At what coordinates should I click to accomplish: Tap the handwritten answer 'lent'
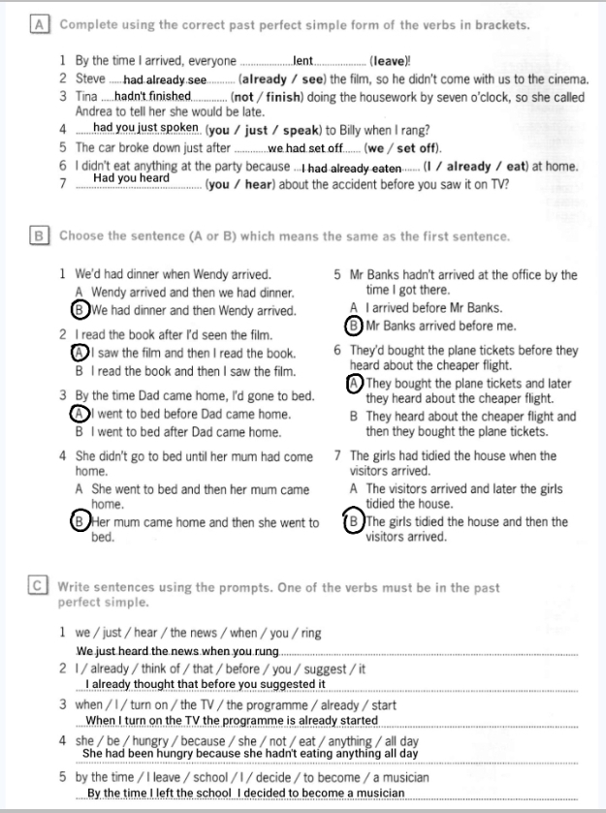(303, 61)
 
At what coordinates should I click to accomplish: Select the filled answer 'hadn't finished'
(152, 96)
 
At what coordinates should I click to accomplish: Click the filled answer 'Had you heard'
(131, 178)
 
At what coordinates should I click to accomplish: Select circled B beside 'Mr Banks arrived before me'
(355, 326)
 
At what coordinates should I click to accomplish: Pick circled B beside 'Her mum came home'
(80, 522)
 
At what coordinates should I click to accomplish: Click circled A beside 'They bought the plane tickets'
(355, 383)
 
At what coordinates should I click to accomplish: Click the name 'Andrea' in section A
(96, 111)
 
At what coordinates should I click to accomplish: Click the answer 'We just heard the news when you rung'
(177, 650)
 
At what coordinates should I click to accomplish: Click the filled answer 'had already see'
(165, 79)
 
